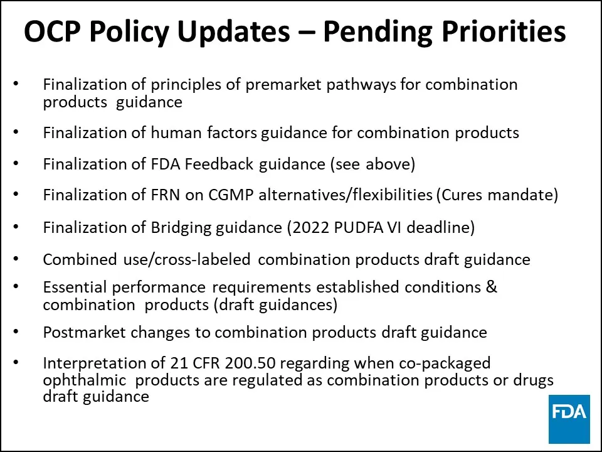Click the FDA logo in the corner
tap(569, 419)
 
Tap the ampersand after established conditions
tap(492, 288)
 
